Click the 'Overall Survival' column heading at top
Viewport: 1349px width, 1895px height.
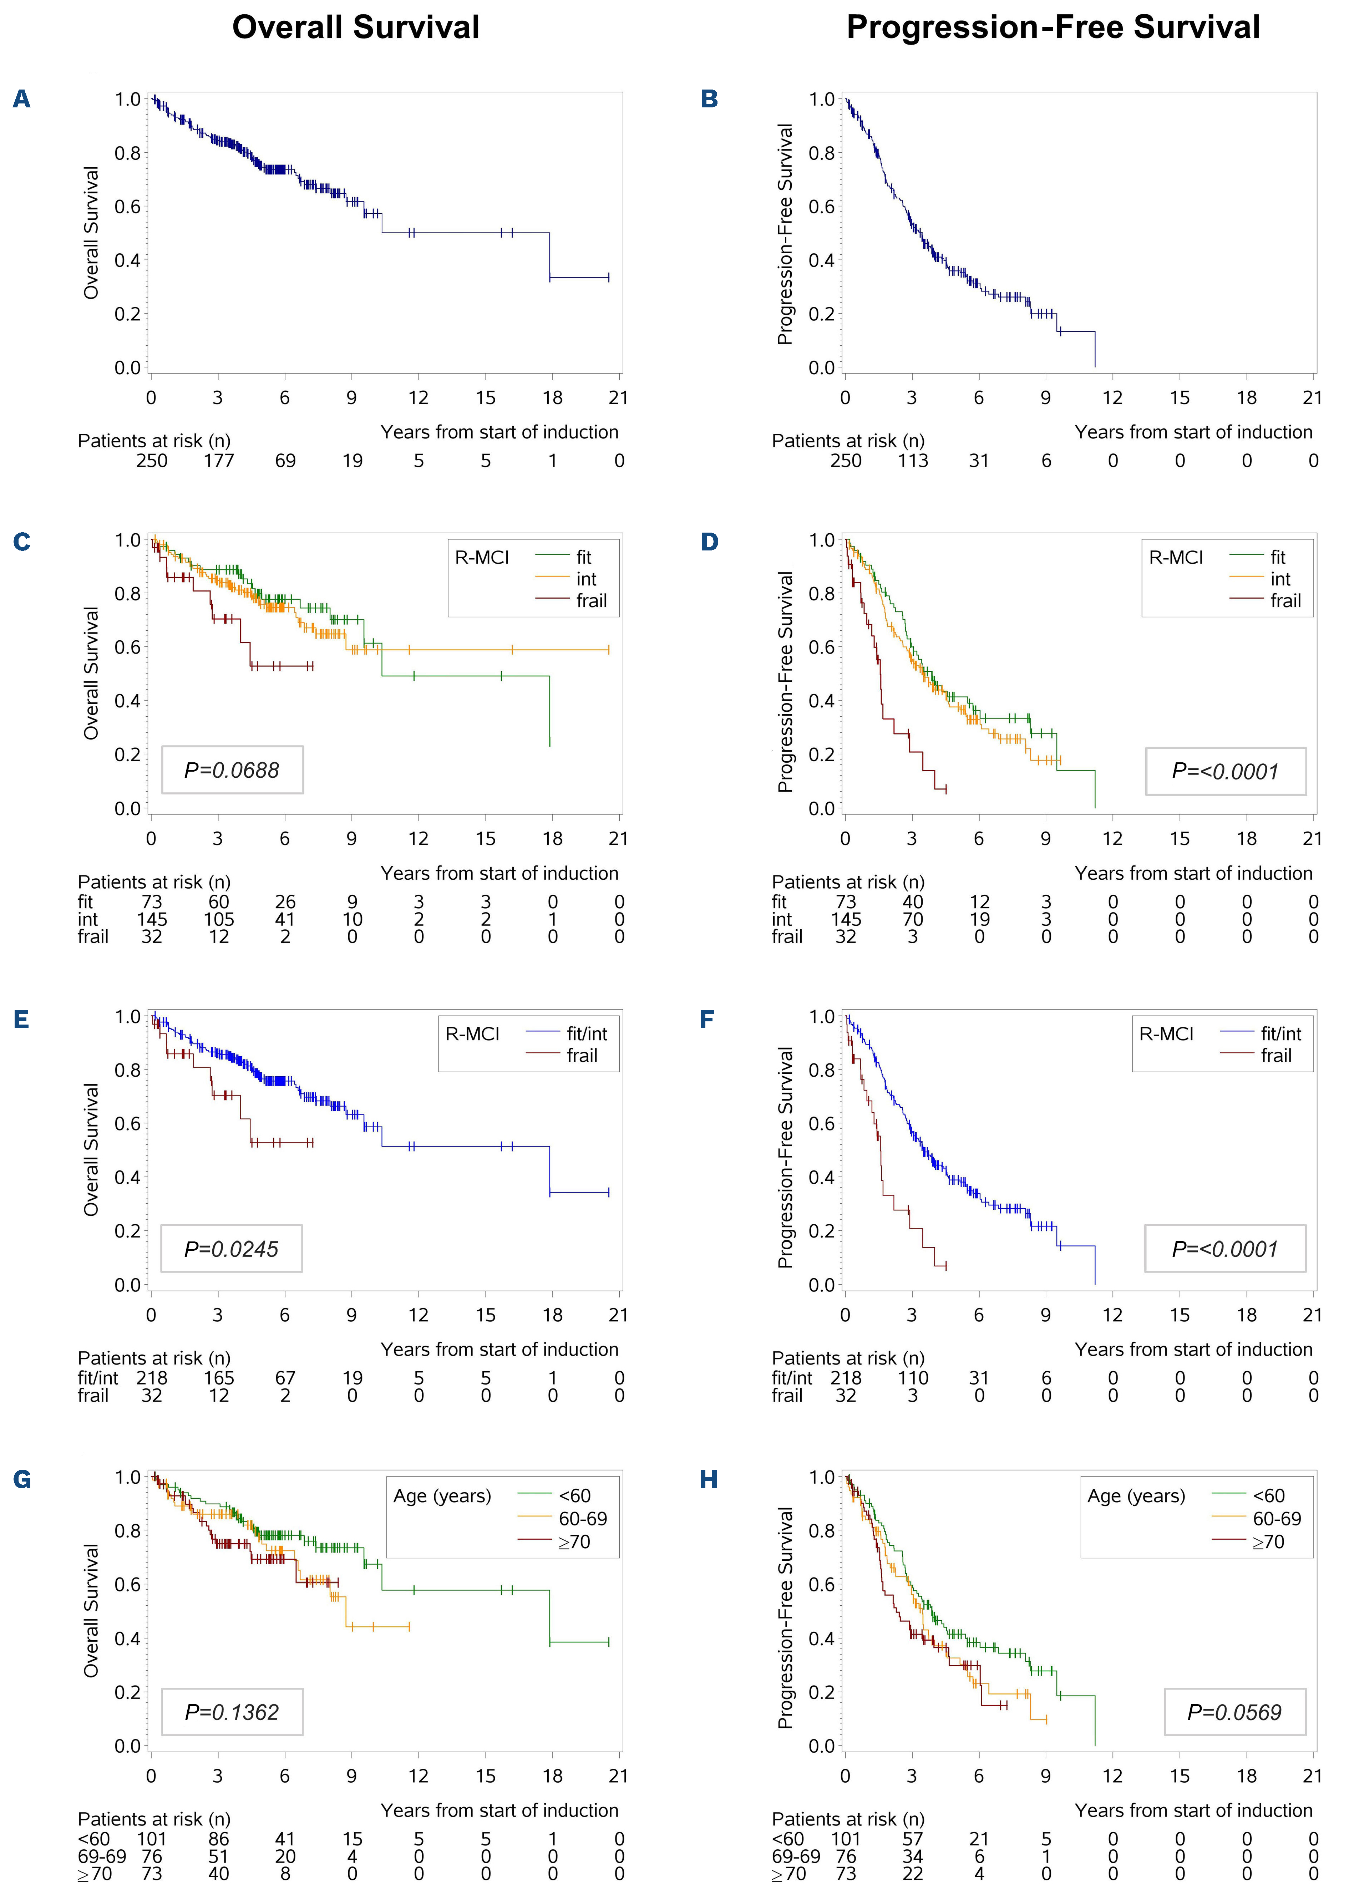(x=355, y=27)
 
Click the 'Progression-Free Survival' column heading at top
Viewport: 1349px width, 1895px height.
(x=1053, y=27)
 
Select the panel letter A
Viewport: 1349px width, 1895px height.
(x=22, y=100)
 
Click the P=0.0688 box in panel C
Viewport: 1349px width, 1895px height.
(x=232, y=770)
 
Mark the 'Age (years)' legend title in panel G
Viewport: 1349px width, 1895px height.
(x=442, y=1495)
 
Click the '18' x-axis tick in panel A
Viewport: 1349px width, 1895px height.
(x=552, y=398)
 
